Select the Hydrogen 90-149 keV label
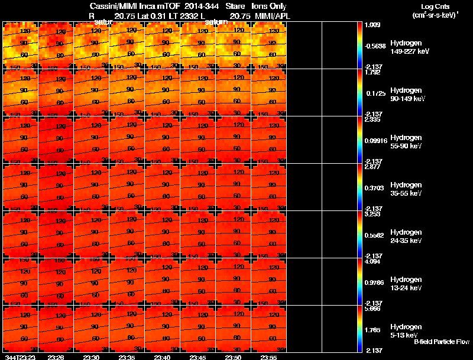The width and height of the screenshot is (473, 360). coord(406,95)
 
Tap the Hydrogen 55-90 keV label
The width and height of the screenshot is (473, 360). coord(406,142)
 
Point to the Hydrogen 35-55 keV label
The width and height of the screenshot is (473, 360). coord(406,189)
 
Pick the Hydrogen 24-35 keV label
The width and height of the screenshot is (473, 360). coord(406,236)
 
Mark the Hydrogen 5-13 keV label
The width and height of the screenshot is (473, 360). coord(406,330)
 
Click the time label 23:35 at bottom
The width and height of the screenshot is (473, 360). coord(127,357)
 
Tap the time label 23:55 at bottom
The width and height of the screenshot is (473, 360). coord(268,357)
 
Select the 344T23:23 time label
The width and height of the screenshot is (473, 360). coord(20,357)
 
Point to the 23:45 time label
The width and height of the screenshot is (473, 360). coord(197,357)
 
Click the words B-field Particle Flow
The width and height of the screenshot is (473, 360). coord(441,342)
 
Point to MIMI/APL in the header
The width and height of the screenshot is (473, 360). coord(273,16)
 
